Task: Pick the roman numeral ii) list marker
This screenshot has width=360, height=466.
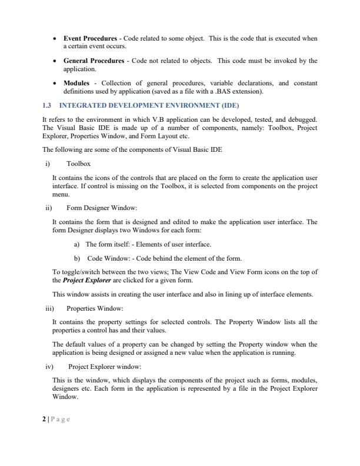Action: coord(48,207)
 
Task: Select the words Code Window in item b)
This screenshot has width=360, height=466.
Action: coord(105,258)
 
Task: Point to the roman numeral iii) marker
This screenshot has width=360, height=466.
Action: coord(49,308)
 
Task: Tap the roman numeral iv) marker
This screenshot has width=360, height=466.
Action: coord(49,365)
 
